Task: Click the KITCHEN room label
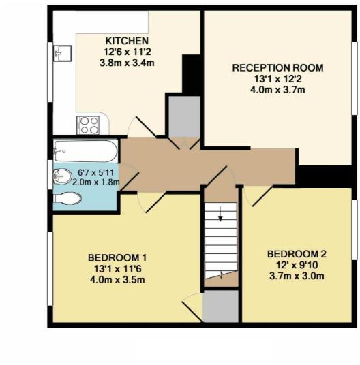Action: (x=123, y=39)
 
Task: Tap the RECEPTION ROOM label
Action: (x=277, y=68)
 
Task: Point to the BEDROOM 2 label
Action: (x=295, y=253)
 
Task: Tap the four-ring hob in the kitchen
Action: (x=89, y=125)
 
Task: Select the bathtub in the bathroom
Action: (x=85, y=149)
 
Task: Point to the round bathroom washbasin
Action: (x=63, y=176)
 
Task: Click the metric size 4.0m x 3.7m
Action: (x=277, y=89)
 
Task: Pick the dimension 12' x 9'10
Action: (x=295, y=264)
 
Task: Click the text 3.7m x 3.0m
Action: (x=295, y=275)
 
